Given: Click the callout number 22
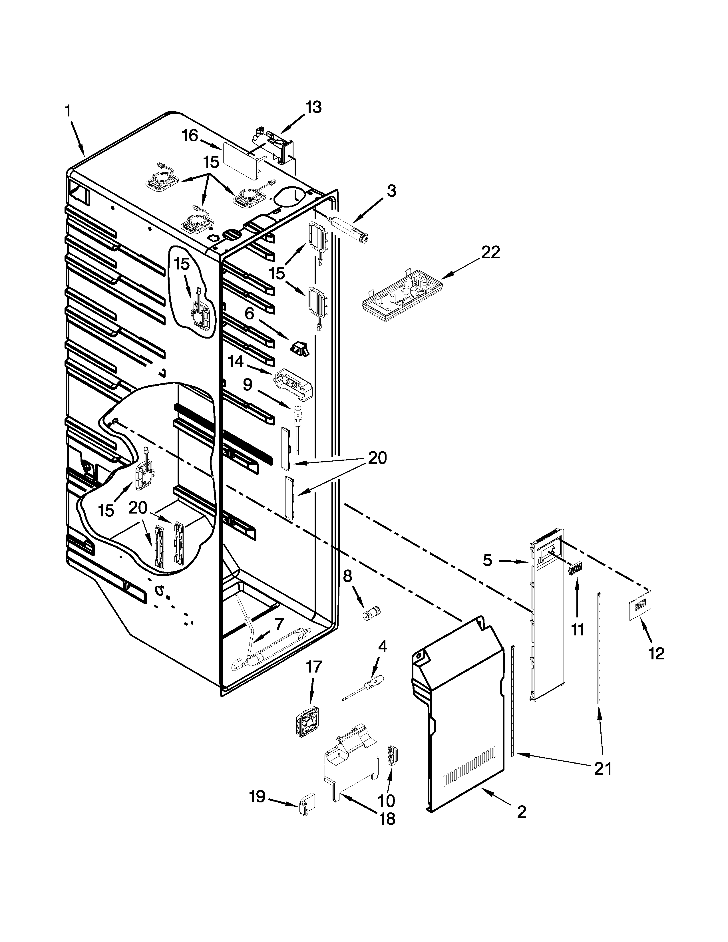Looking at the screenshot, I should tap(490, 252).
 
